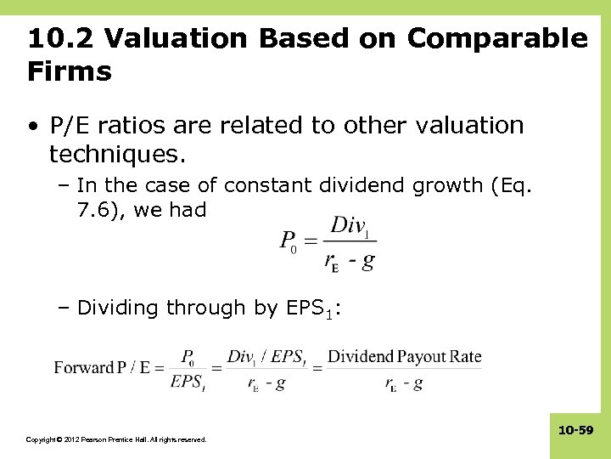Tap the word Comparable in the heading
(497, 39)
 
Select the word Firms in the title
(70, 71)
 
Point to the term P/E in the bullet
(70, 126)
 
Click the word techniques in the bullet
(111, 154)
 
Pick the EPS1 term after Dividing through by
(310, 309)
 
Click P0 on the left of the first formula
(289, 241)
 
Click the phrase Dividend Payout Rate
(404, 356)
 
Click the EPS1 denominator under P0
(186, 383)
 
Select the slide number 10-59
(575, 431)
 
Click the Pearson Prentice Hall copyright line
(116, 439)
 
